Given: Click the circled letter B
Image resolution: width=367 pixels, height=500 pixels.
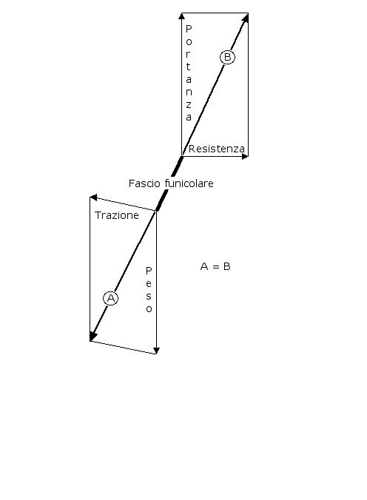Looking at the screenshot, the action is coord(228,57).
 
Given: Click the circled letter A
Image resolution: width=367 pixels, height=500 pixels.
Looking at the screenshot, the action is coord(111,299).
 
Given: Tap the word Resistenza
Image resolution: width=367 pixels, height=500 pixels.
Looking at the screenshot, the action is coord(217,149).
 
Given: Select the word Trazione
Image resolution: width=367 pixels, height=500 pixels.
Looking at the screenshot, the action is coord(117,215).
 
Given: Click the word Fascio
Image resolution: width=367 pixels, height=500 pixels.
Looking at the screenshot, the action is coord(144,183).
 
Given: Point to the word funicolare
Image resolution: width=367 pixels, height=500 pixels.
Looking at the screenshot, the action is coord(189,183).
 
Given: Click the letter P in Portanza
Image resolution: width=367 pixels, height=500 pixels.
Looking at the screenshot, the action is coord(189,29).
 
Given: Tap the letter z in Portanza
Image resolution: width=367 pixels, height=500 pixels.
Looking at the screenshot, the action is coord(189,104).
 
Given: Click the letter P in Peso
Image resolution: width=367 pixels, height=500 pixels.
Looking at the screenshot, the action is coord(149,271).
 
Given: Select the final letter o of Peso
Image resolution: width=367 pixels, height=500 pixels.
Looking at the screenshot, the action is coord(149,309).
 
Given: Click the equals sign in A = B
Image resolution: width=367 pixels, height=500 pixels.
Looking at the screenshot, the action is coord(216,266).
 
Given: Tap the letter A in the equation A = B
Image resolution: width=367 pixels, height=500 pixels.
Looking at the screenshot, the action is coord(204,266).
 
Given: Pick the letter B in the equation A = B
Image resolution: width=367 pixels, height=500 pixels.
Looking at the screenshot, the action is coord(227,266).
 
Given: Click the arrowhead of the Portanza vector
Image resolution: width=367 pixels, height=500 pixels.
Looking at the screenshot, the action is coord(181,16).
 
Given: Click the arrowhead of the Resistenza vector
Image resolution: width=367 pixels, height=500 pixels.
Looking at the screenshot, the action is coord(245,156).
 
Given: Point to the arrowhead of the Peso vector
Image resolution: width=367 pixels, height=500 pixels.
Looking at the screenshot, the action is coord(156,351).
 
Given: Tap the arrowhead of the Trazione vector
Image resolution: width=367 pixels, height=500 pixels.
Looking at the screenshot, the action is coord(93,197).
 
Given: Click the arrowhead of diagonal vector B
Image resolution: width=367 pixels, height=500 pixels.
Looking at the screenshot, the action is coord(245,18).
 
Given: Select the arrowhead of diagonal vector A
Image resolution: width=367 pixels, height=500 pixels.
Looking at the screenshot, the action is coord(92,336).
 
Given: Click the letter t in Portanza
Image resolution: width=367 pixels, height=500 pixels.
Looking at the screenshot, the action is coord(188,67).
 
